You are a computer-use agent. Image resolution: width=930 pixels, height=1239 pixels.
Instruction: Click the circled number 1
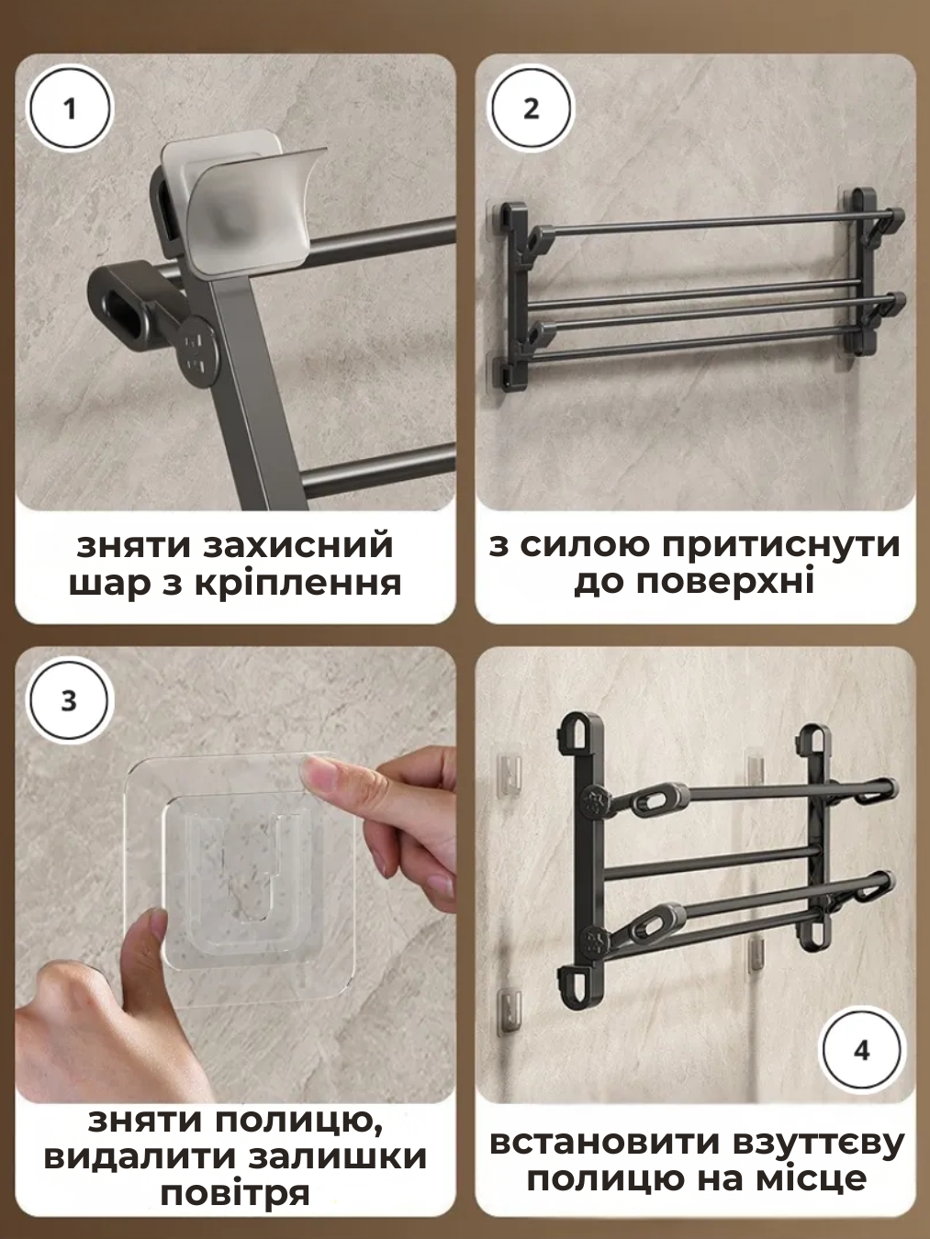(71, 109)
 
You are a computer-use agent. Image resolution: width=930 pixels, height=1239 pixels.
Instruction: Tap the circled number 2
(532, 109)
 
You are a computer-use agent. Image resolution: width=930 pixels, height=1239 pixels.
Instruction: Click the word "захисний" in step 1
(298, 546)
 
